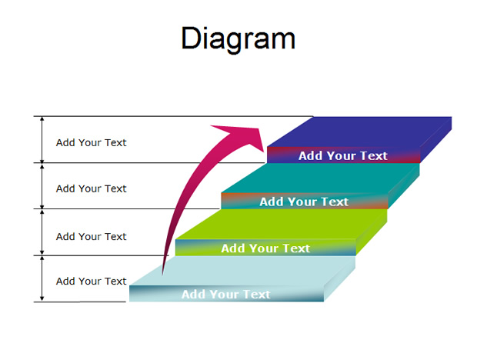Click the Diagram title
click(x=238, y=39)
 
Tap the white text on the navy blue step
click(x=343, y=155)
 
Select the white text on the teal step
click(x=304, y=202)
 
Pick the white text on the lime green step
click(x=265, y=248)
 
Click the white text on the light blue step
click(x=225, y=294)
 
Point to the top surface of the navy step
click(x=359, y=132)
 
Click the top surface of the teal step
click(x=319, y=178)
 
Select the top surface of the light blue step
click(x=242, y=271)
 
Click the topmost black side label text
click(x=91, y=142)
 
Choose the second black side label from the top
click(x=91, y=188)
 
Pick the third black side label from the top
click(x=91, y=237)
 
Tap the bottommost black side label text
click(x=91, y=282)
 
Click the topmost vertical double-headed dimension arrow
click(x=42, y=139)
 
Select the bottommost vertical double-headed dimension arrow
click(x=42, y=278)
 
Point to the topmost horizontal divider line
click(x=173, y=116)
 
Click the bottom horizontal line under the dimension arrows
click(x=79, y=302)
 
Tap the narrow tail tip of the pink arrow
click(x=163, y=275)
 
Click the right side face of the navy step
click(x=436, y=140)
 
